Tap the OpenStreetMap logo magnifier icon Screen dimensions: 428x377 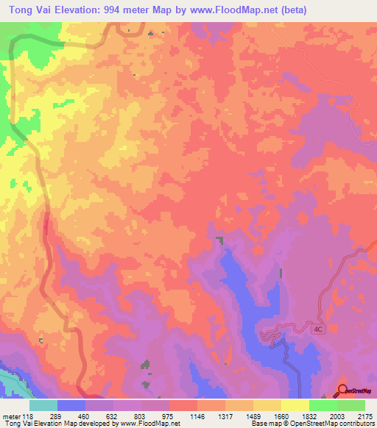tap(342, 390)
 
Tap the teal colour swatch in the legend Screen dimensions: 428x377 tap(43, 405)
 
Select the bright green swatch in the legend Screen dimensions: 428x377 tap(323, 405)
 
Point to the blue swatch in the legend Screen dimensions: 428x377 tap(71, 405)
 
